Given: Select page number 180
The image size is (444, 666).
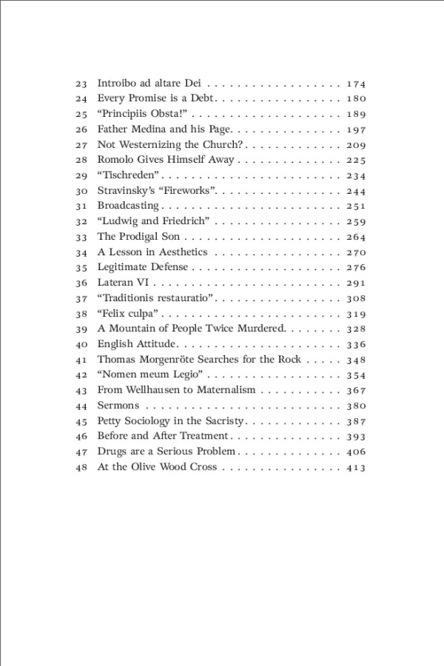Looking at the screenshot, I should (356, 98).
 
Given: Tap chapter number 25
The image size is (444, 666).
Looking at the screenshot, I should (81, 114).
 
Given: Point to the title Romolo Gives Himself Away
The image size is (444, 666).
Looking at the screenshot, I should (166, 160).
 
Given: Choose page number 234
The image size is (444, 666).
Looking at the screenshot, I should (356, 175).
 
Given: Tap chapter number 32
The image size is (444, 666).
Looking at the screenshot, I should (81, 221).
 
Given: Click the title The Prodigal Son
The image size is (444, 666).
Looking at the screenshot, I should (139, 237).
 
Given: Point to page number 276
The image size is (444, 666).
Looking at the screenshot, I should (356, 267).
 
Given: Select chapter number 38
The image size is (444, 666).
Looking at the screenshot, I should (81, 314).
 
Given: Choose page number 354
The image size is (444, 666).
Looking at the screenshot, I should (356, 375).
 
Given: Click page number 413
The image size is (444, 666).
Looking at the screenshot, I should (356, 467).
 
